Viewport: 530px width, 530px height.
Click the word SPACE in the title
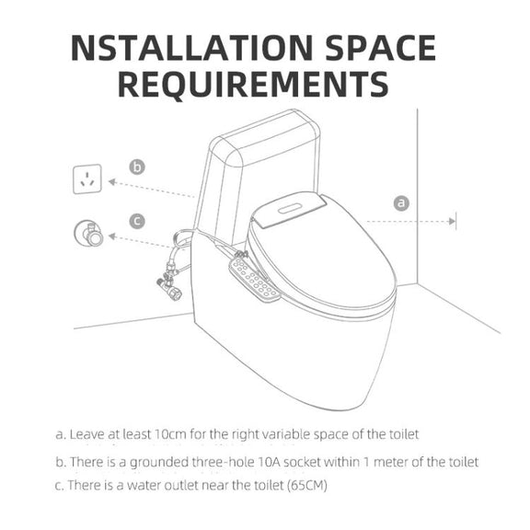(381, 48)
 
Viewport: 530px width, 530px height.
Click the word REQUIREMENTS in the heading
(253, 84)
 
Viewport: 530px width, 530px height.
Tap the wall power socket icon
(87, 179)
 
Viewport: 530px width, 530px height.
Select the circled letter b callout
(137, 167)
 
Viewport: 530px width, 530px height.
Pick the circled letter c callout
(137, 222)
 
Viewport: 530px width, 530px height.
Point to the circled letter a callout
(401, 203)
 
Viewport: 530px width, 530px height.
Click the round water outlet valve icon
(88, 234)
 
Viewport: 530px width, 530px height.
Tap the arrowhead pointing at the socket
(112, 182)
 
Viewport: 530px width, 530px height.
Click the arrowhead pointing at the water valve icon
(112, 236)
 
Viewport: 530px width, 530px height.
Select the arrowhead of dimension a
(452, 222)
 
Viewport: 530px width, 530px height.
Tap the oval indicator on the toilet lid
(290, 209)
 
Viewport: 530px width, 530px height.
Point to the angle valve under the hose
(169, 284)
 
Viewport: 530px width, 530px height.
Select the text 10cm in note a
(169, 433)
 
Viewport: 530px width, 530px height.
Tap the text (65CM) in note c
(307, 486)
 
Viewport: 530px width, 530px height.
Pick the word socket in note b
(302, 461)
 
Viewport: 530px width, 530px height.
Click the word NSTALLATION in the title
(191, 48)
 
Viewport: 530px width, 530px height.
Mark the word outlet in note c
(181, 486)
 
